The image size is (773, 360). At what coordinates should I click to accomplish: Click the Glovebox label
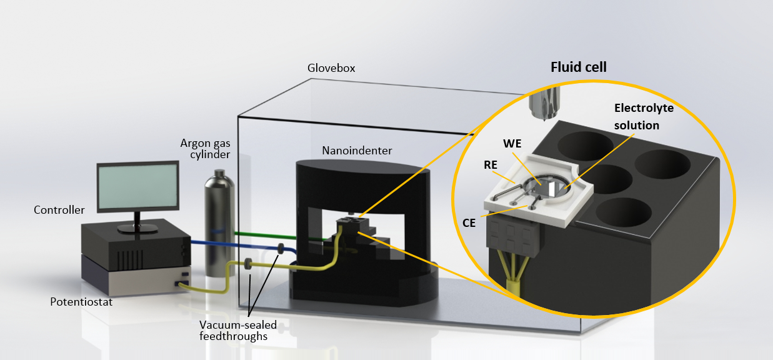click(331, 68)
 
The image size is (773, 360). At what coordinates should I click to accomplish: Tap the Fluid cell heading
click(578, 67)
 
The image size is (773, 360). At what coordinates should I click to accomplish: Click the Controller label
click(59, 210)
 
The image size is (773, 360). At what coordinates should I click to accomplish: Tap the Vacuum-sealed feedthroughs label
click(238, 331)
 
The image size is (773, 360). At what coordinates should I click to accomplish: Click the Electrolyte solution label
click(634, 117)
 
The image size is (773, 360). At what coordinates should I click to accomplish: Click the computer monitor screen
click(137, 187)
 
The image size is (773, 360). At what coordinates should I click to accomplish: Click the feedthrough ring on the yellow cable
click(249, 266)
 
